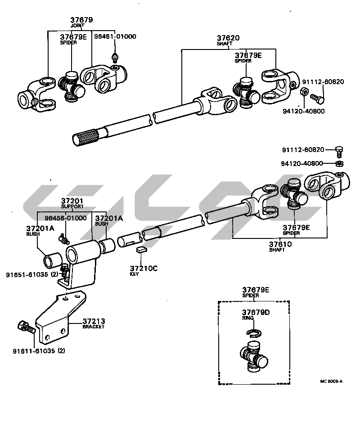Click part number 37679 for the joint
pos(81,20)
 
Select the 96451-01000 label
pos(115,36)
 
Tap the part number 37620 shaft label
pos(228,39)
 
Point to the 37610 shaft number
pos(281,244)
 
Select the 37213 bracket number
pos(94,321)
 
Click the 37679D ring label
pos(255,312)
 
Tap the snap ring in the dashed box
pos(254,332)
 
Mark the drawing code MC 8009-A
pos(331,381)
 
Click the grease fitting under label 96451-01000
pos(115,57)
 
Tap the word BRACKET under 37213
pos(93,327)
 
